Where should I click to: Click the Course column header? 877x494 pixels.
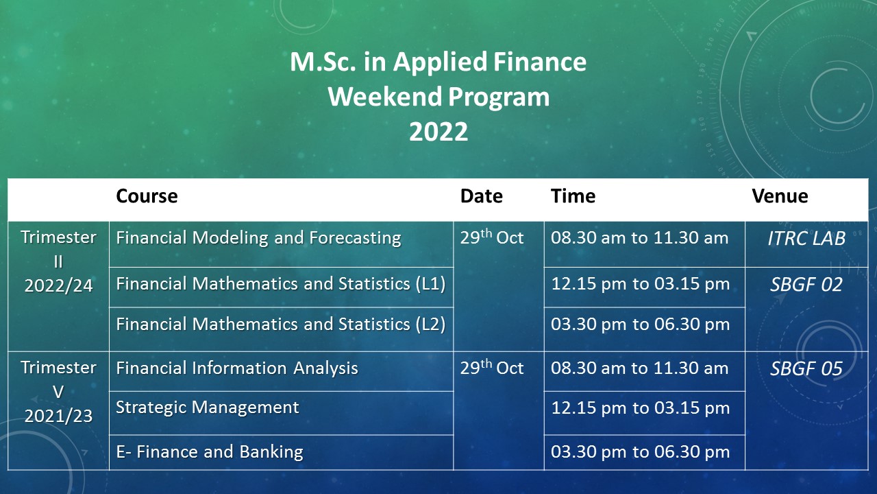(147, 196)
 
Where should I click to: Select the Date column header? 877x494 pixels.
(482, 196)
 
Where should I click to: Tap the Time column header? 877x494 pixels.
(573, 196)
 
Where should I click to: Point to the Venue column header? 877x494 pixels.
(780, 196)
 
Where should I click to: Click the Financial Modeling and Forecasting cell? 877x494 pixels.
(259, 238)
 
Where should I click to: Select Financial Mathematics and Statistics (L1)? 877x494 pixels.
(281, 284)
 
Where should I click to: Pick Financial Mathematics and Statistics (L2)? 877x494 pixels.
(281, 325)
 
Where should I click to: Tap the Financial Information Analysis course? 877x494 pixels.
(237, 368)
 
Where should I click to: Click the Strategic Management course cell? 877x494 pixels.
(208, 408)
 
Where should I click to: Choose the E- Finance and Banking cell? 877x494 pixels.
(210, 451)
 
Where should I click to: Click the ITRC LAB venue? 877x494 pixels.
(806, 238)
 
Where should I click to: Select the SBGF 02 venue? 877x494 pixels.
(806, 284)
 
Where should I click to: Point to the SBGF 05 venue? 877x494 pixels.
(806, 368)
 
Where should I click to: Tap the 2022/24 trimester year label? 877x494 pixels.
(59, 286)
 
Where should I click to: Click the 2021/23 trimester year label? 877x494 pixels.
(59, 416)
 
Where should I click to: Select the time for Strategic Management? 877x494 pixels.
(641, 408)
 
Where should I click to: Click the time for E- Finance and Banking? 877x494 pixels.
(641, 452)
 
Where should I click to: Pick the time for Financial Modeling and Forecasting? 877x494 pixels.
(640, 238)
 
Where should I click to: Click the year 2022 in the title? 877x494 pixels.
(438, 132)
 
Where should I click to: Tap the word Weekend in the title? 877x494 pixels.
(385, 97)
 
